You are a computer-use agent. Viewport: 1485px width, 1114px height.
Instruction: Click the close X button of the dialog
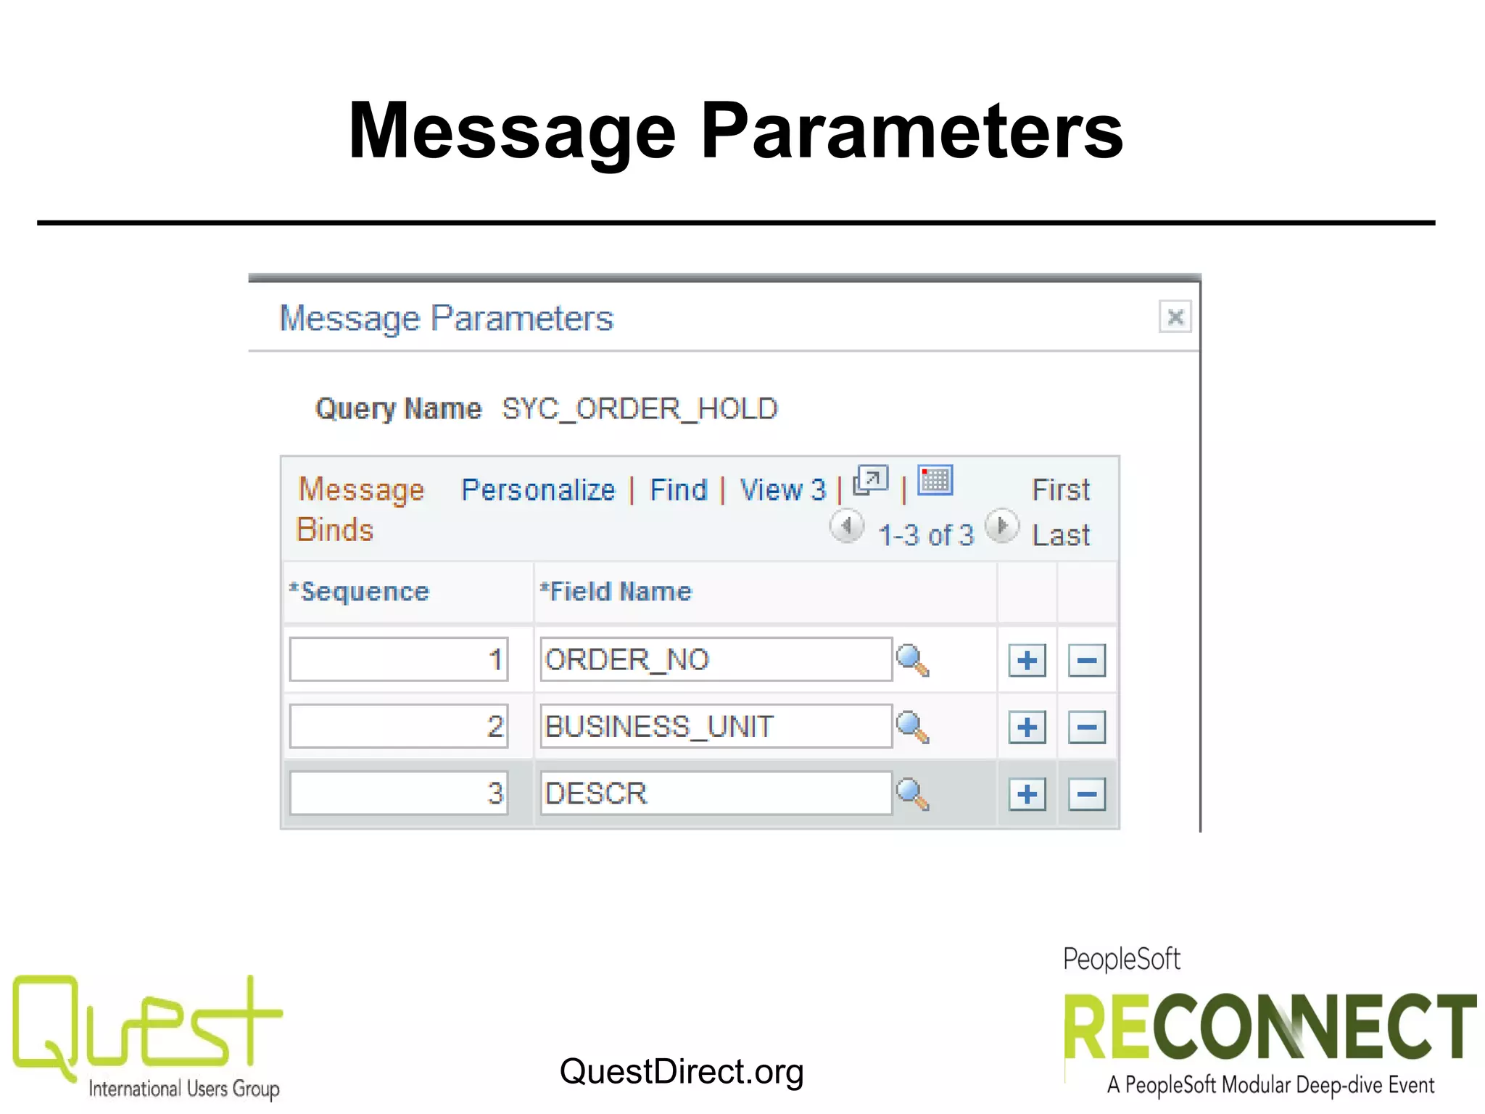(1175, 317)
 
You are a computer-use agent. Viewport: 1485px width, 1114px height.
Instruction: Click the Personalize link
(538, 490)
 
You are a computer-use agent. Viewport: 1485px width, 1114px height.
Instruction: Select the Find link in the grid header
(678, 490)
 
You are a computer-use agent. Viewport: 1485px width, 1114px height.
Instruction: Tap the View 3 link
(782, 490)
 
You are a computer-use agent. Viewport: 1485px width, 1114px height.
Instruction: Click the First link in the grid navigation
(1060, 490)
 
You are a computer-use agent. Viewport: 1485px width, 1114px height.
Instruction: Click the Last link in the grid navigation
(1060, 535)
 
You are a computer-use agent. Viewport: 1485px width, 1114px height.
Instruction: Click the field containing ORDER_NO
(716, 659)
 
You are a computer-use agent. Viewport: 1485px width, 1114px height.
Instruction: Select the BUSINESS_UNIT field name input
(716, 726)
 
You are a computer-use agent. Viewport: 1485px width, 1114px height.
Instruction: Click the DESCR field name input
(716, 793)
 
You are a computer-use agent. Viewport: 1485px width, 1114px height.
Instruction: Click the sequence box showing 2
(399, 726)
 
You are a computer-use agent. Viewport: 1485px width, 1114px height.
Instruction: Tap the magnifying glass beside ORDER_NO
(912, 660)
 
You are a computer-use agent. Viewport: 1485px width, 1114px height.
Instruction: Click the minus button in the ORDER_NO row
(1086, 661)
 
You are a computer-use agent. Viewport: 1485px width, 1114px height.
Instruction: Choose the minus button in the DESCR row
(1086, 794)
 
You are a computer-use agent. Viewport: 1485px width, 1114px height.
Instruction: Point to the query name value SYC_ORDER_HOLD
(640, 409)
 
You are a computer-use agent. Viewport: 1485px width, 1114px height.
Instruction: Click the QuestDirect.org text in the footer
(682, 1071)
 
